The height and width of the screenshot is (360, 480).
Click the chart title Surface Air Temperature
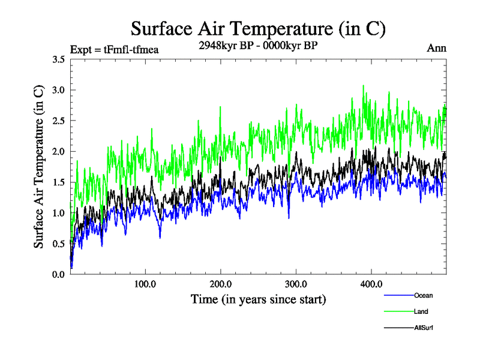pyautogui.click(x=258, y=28)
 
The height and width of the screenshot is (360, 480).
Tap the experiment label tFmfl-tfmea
pyautogui.click(x=114, y=49)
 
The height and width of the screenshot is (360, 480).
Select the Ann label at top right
pyautogui.click(x=436, y=48)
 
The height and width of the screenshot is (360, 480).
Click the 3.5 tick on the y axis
pyautogui.click(x=58, y=59)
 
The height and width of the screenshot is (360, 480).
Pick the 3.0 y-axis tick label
pyautogui.click(x=58, y=90)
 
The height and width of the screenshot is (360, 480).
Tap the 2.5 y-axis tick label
pyautogui.click(x=58, y=121)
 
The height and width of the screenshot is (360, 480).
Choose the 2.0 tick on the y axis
pyautogui.click(x=58, y=151)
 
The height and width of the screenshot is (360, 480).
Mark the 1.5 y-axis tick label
pyautogui.click(x=58, y=182)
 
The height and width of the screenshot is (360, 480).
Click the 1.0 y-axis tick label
pyautogui.click(x=58, y=213)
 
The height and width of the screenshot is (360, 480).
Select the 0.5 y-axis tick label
pyautogui.click(x=58, y=244)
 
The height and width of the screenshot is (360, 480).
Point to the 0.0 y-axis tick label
pyautogui.click(x=58, y=274)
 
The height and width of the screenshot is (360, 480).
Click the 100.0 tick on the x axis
pyautogui.click(x=145, y=284)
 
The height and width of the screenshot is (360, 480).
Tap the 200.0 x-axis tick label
pyautogui.click(x=221, y=284)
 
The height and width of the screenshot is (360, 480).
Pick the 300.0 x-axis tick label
pyautogui.click(x=296, y=284)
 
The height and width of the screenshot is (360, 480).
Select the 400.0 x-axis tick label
pyautogui.click(x=371, y=284)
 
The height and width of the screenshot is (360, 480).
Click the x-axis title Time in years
pyautogui.click(x=258, y=298)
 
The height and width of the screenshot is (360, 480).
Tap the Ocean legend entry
pyautogui.click(x=422, y=295)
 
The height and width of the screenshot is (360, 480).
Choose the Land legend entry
pyautogui.click(x=421, y=311)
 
